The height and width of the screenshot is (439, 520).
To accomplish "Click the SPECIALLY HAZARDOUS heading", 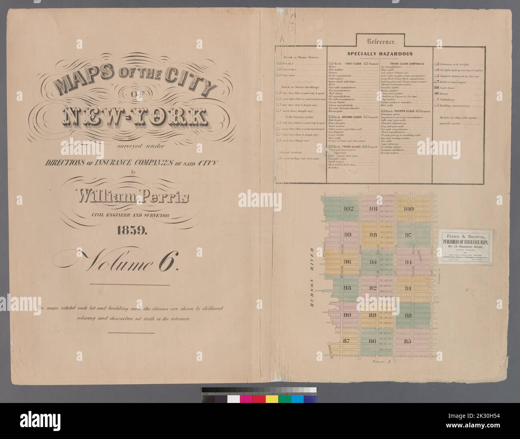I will (x=380, y=53).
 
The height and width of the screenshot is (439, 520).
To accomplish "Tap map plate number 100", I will (x=408, y=209).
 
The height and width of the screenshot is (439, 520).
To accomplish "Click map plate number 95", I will (x=373, y=262).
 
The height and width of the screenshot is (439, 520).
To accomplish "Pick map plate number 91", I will (x=408, y=289).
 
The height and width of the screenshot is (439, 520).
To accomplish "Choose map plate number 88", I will (x=408, y=316).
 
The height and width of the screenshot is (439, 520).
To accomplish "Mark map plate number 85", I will (x=408, y=341).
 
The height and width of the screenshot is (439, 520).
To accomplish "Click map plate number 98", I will (x=373, y=235).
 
